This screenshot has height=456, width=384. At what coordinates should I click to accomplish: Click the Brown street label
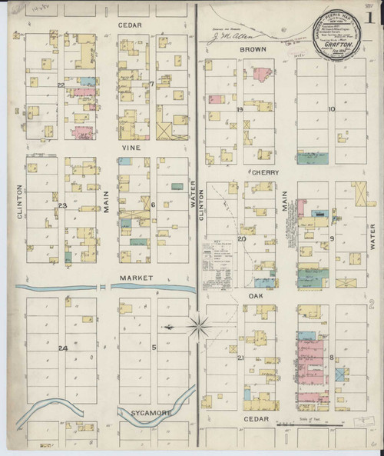(252, 48)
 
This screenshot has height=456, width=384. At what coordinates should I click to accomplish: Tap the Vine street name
(128, 145)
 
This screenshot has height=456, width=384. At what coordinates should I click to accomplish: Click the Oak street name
(257, 295)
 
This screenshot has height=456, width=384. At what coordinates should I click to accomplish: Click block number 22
(60, 85)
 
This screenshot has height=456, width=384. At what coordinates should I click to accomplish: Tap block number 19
(240, 109)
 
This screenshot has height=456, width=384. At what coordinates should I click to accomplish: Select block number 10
(332, 109)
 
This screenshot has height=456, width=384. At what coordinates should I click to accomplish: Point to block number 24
(62, 348)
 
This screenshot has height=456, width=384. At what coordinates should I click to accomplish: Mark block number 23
(62, 206)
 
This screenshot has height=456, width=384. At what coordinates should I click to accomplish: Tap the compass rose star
(198, 327)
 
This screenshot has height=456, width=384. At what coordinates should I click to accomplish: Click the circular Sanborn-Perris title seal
(336, 37)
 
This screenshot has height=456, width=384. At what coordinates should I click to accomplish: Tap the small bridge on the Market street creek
(103, 286)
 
